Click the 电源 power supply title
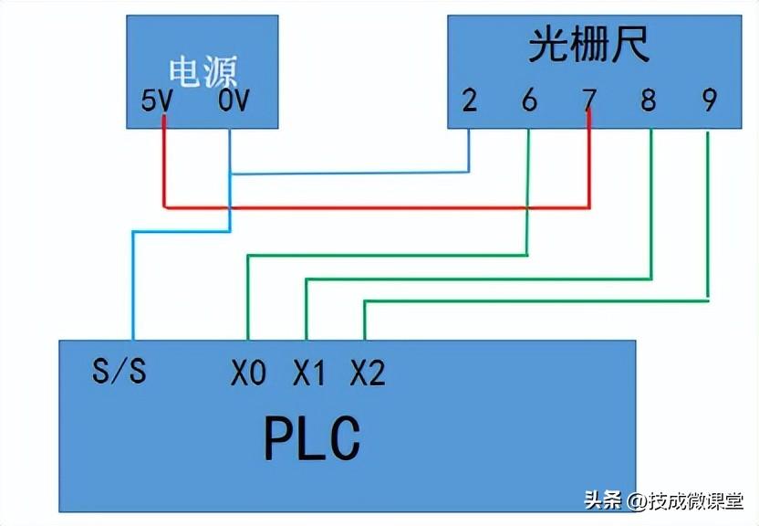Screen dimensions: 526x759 tap(203, 72)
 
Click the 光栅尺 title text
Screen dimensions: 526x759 tap(589, 46)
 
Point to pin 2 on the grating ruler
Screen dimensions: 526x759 tap(469, 100)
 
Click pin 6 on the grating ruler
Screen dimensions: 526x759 tap(529, 100)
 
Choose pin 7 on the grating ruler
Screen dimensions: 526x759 tap(589, 100)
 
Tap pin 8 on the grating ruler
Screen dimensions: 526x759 tap(649, 100)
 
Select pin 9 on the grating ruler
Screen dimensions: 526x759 tap(709, 100)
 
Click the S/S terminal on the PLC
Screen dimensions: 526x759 tap(120, 372)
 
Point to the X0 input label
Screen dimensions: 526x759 tap(248, 373)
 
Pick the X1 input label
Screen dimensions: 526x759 tap(308, 373)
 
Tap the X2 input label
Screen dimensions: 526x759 tap(368, 373)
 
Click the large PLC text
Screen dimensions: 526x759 tap(313, 439)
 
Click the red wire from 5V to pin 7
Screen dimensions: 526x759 tap(374, 207)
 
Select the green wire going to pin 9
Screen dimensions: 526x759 tap(538, 299)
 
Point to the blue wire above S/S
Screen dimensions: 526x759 tap(133, 283)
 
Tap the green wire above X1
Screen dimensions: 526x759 tap(306, 310)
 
